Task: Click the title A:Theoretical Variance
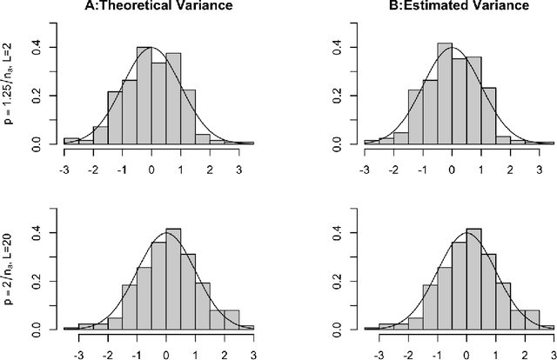click(158, 7)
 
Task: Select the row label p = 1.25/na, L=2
click(9, 93)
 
